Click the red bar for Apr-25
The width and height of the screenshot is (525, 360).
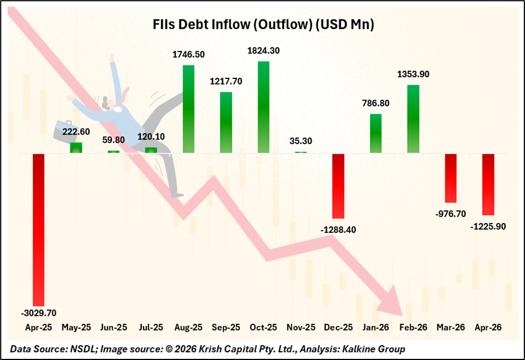(38, 229)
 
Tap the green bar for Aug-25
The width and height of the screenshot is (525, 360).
(189, 109)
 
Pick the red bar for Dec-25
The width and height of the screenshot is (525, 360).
(339, 186)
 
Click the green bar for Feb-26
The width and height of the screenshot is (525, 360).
(413, 119)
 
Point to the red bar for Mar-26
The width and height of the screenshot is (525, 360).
(451, 178)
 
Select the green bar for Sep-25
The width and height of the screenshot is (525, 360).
(226, 122)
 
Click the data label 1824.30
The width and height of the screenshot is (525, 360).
(264, 50)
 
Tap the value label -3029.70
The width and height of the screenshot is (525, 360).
(38, 313)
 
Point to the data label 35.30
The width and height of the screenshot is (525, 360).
(301, 142)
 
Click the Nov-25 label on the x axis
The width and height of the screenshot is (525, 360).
(301, 328)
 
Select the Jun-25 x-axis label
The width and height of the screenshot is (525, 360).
(113, 328)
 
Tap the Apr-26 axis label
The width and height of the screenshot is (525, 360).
(488, 328)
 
